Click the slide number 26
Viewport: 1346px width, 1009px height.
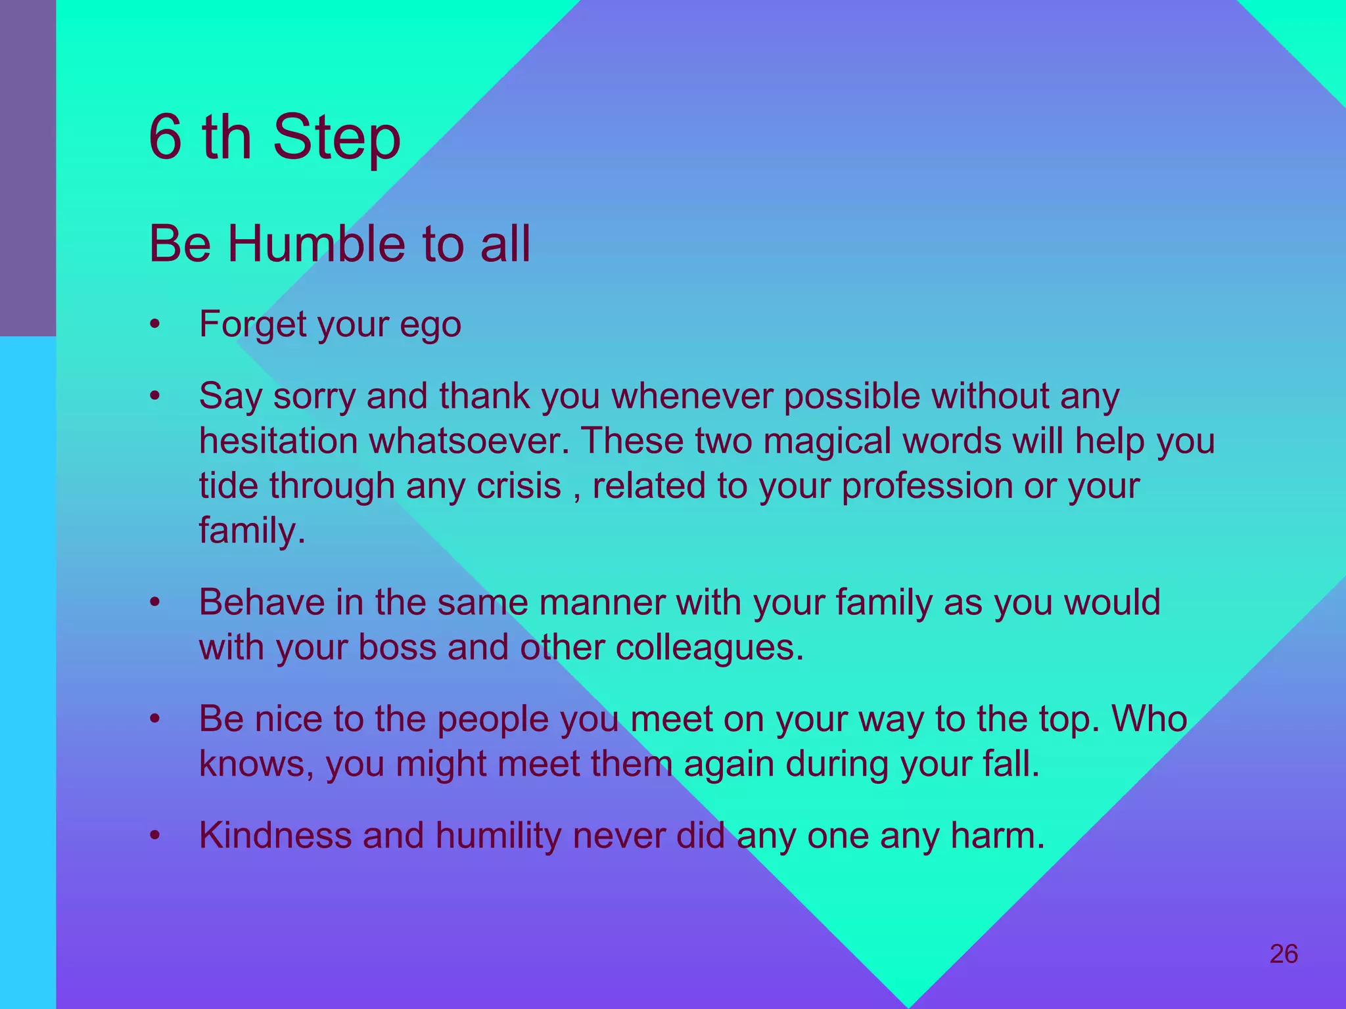1284,954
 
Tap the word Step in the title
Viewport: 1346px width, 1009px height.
336,139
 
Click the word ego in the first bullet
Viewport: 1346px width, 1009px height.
430,325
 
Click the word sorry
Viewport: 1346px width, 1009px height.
314,397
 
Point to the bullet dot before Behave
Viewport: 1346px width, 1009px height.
155,602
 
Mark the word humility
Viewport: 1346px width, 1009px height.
498,836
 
